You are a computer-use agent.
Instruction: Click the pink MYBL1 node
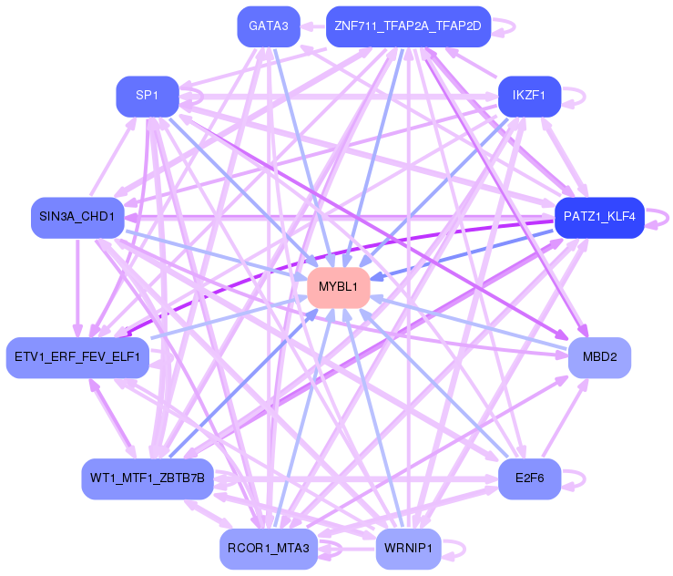tap(339, 287)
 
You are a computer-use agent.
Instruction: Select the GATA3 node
tap(268, 26)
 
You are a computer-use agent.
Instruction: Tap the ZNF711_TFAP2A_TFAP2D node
tap(408, 26)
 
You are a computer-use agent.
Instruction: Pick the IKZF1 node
tap(528, 96)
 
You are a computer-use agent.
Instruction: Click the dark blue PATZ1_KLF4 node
tap(599, 217)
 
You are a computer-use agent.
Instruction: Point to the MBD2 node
tap(599, 357)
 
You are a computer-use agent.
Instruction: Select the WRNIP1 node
tap(408, 549)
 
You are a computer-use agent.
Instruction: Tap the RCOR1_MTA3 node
tap(268, 549)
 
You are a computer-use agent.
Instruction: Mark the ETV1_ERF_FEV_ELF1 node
tap(77, 357)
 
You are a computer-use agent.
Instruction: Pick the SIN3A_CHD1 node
tap(77, 217)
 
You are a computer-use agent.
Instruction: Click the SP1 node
tap(147, 96)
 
